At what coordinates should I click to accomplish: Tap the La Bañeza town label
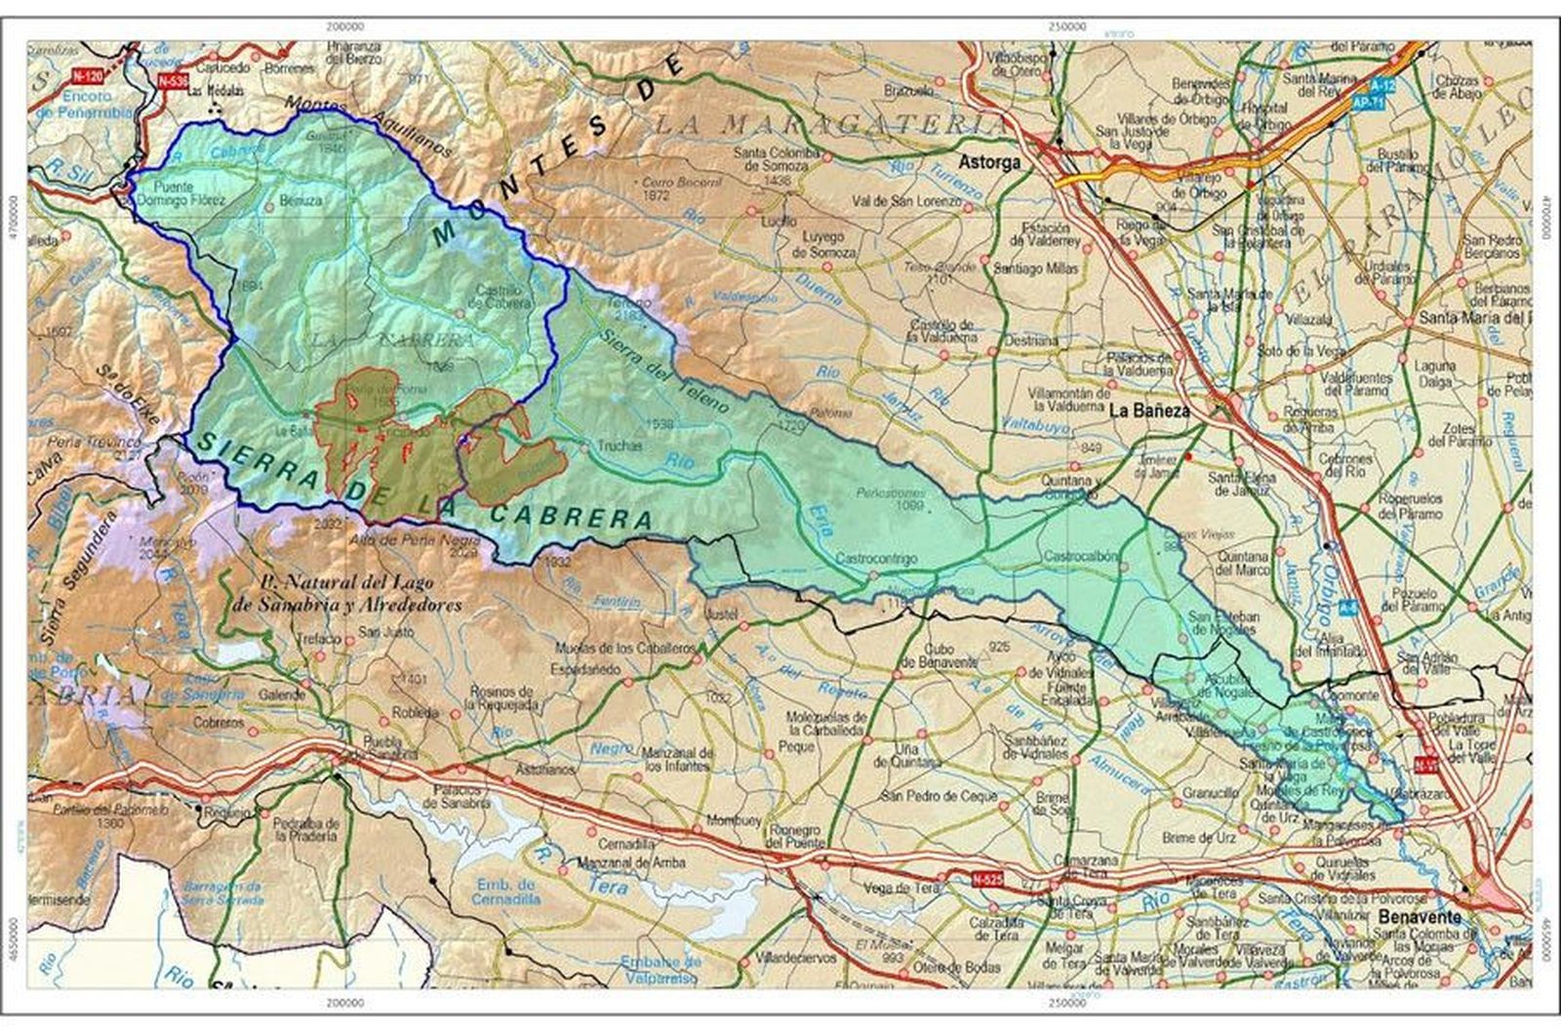coord(1149,411)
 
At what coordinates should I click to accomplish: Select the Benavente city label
coord(1420,917)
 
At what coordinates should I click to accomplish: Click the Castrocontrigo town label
coord(877,559)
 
